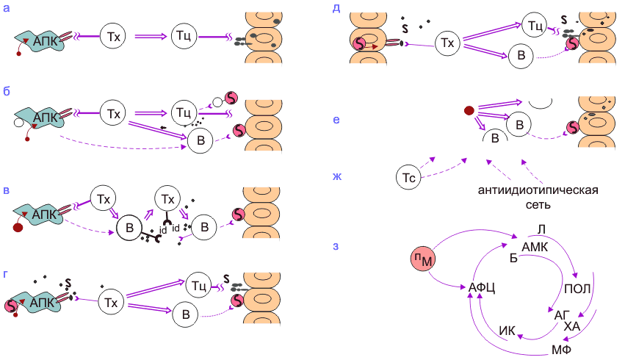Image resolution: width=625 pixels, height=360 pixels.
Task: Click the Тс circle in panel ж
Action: (x=411, y=176)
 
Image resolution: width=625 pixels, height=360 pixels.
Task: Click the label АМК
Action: (x=535, y=246)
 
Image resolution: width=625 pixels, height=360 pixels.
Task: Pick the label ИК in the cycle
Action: (x=507, y=330)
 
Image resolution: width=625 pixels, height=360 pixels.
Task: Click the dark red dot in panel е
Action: (x=468, y=112)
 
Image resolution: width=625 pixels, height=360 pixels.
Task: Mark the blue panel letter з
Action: (x=336, y=246)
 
